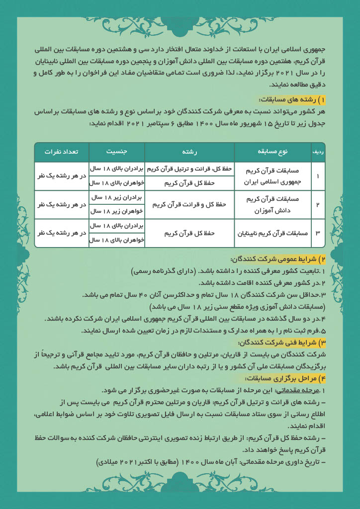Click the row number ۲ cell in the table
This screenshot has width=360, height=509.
(x=318, y=204)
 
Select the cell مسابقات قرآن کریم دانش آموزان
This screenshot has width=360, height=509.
(x=273, y=204)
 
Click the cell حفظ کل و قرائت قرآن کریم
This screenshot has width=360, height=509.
(x=189, y=204)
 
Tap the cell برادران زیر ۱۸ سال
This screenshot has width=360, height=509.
(x=117, y=197)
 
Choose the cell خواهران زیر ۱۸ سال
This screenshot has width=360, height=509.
(x=117, y=211)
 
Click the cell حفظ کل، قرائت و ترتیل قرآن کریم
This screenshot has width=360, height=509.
(x=189, y=169)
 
